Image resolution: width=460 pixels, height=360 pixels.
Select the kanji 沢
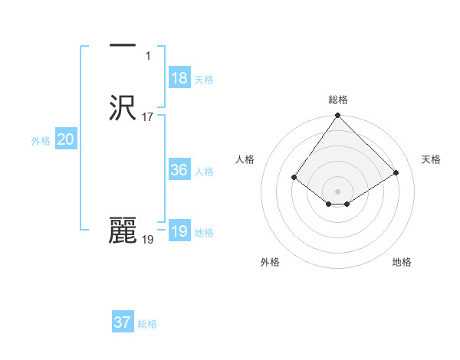click(x=123, y=108)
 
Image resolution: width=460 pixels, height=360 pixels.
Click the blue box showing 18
click(x=179, y=78)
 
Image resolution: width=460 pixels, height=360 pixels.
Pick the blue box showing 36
click(x=179, y=170)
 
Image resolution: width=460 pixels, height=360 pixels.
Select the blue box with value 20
click(x=66, y=139)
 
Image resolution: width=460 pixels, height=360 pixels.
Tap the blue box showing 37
click(x=123, y=322)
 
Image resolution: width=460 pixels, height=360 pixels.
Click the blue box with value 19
click(x=179, y=231)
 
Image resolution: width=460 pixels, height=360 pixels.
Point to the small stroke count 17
click(x=148, y=117)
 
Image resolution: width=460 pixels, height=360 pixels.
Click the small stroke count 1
click(x=148, y=56)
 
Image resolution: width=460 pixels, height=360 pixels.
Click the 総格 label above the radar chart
click(x=338, y=100)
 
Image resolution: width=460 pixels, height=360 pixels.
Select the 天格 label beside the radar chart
click(x=432, y=159)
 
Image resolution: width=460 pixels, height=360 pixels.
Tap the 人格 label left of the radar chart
click(x=245, y=159)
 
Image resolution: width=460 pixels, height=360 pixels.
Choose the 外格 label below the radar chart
click(x=270, y=263)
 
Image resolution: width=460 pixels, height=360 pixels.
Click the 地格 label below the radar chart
click(x=402, y=263)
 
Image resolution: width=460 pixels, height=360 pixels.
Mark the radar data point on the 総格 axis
click(x=338, y=116)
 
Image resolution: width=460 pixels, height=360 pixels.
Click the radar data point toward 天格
click(x=396, y=172)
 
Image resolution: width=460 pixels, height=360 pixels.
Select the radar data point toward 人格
click(x=294, y=178)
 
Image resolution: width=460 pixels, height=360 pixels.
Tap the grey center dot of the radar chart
click(x=338, y=191)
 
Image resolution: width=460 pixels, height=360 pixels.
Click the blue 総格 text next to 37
click(x=147, y=324)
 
